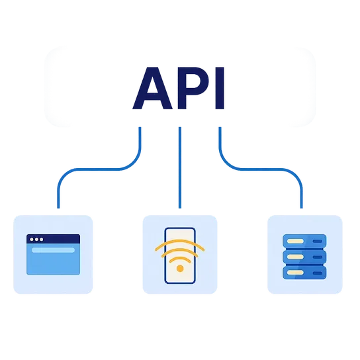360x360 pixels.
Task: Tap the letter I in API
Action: [220, 88]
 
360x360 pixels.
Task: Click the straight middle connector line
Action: [180, 167]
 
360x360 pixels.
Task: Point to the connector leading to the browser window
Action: [99, 169]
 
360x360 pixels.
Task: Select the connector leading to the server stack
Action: [261, 169]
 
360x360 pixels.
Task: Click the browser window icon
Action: [53, 254]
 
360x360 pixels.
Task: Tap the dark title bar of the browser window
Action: [53, 239]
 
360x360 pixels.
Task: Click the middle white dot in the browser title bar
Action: [36, 240]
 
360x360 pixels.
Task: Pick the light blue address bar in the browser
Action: [53, 250]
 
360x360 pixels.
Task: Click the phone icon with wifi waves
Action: [180, 255]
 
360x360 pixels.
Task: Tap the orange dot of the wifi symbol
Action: [180, 269]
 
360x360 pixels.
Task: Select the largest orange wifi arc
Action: [180, 241]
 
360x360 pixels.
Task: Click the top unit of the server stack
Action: [304, 241]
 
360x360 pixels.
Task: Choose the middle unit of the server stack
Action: [304, 257]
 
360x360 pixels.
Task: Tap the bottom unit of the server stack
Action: [304, 273]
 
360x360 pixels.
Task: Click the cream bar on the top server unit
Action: [296, 241]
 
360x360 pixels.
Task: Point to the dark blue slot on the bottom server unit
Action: [317, 273]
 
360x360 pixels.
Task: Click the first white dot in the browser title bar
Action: [32, 240]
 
